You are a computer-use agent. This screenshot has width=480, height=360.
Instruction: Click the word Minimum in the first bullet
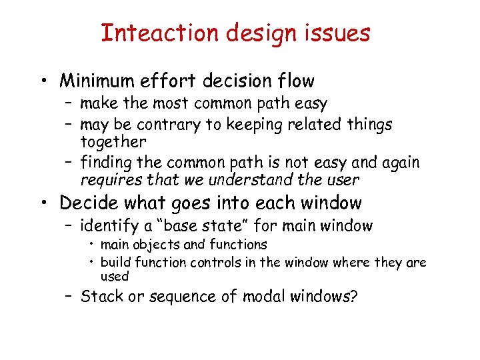coord(97,81)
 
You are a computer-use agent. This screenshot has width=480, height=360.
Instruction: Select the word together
coord(113,141)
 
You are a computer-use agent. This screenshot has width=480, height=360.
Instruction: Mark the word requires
coord(107,180)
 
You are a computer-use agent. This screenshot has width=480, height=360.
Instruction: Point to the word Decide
coord(85,203)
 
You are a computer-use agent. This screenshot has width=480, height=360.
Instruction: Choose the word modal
coord(261,295)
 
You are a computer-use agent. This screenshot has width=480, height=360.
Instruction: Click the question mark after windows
coord(353,295)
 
